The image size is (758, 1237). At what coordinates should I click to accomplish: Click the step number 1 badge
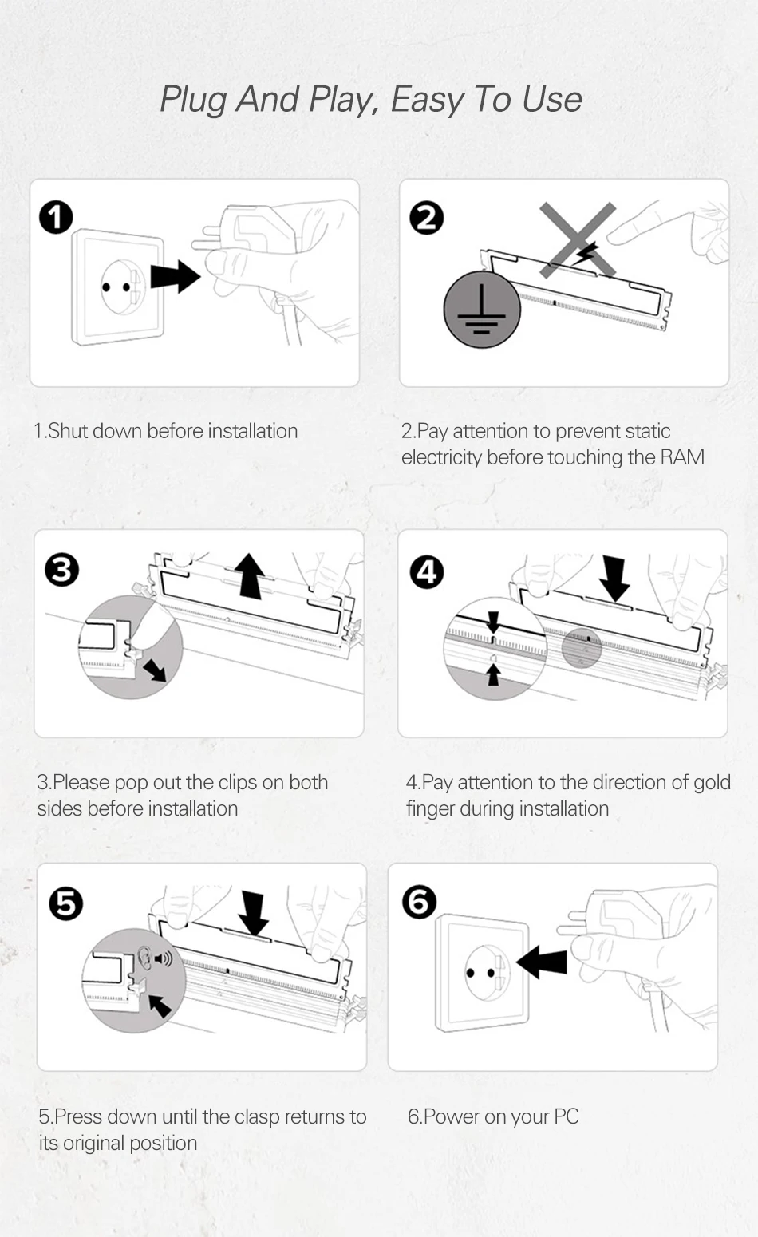click(x=56, y=217)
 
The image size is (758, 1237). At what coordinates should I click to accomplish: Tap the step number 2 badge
click(x=426, y=218)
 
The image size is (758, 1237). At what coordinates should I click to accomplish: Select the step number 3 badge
click(x=62, y=570)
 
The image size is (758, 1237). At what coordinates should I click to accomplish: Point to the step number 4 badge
click(x=427, y=572)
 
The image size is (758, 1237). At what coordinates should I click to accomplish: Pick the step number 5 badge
click(x=65, y=904)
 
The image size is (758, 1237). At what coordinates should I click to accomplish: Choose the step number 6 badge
click(x=420, y=902)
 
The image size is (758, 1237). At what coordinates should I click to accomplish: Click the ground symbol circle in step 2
click(x=482, y=310)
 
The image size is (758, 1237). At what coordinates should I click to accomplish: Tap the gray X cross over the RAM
click(x=578, y=239)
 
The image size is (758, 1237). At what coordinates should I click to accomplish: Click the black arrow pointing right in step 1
click(x=175, y=276)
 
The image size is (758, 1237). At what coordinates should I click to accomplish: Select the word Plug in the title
click(x=193, y=100)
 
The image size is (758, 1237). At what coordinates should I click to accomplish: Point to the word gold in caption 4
click(x=712, y=782)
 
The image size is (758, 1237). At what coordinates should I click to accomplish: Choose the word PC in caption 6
click(x=566, y=1116)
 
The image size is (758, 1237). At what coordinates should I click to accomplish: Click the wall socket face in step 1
click(x=120, y=287)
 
